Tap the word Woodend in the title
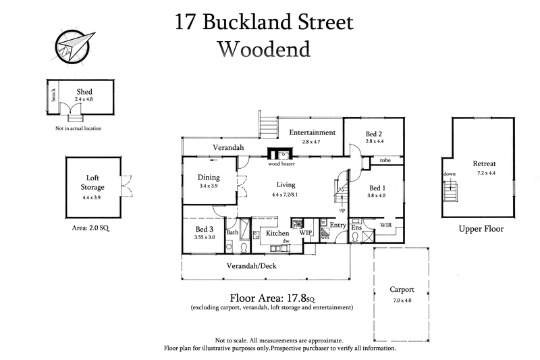263,49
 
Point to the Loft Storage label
93,182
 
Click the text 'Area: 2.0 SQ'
90,229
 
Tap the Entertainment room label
313,132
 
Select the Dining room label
209,178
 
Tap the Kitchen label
277,233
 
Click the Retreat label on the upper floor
484,163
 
